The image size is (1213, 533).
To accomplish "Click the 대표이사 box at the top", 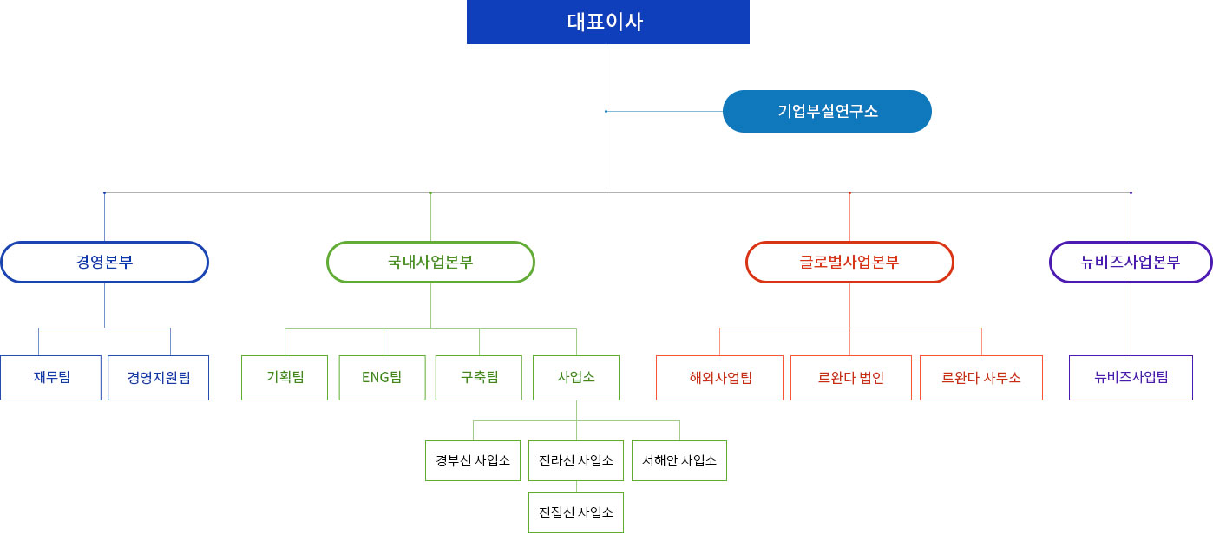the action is click(607, 22).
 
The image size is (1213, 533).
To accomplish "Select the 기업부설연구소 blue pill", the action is click(827, 112).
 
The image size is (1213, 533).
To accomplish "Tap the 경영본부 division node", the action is click(104, 262).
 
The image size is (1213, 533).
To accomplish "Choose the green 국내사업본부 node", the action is click(430, 262).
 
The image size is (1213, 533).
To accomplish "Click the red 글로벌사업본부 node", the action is click(849, 262).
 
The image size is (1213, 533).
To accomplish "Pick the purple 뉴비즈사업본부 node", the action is click(1131, 262).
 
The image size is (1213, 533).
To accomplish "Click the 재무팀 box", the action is click(51, 378).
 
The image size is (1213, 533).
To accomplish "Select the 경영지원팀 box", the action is click(158, 378).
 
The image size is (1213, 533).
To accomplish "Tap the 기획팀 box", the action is click(285, 378).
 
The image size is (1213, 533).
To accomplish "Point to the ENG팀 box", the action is click(382, 378).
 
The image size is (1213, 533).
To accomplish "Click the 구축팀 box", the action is click(479, 378).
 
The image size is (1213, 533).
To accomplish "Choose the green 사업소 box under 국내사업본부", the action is click(576, 378).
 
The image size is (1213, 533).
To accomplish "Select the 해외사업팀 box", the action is click(719, 378).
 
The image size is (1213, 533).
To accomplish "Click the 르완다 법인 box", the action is click(850, 378).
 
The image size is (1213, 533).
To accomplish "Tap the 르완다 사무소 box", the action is click(981, 378).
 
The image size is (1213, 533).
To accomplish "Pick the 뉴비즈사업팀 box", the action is click(1131, 378).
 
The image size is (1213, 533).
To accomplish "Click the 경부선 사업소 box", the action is click(473, 460).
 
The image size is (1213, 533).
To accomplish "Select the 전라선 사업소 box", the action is click(576, 460).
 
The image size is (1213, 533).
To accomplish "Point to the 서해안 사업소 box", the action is click(679, 460).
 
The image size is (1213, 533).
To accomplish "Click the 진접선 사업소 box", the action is click(576, 512).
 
